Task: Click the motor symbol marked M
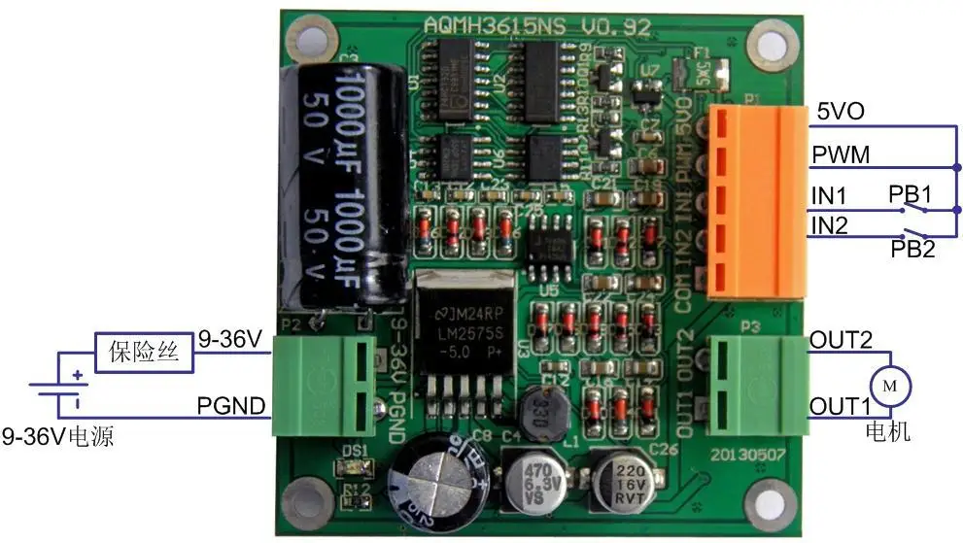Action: click(x=889, y=386)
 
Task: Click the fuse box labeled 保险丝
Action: click(x=144, y=351)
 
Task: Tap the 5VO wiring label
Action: click(x=840, y=112)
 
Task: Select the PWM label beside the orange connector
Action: click(x=841, y=154)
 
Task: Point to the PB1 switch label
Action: click(x=910, y=192)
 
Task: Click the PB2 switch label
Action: click(x=913, y=249)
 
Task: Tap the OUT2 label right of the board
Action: click(x=841, y=341)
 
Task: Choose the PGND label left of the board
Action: click(x=232, y=405)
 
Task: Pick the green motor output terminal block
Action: click(x=757, y=384)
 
